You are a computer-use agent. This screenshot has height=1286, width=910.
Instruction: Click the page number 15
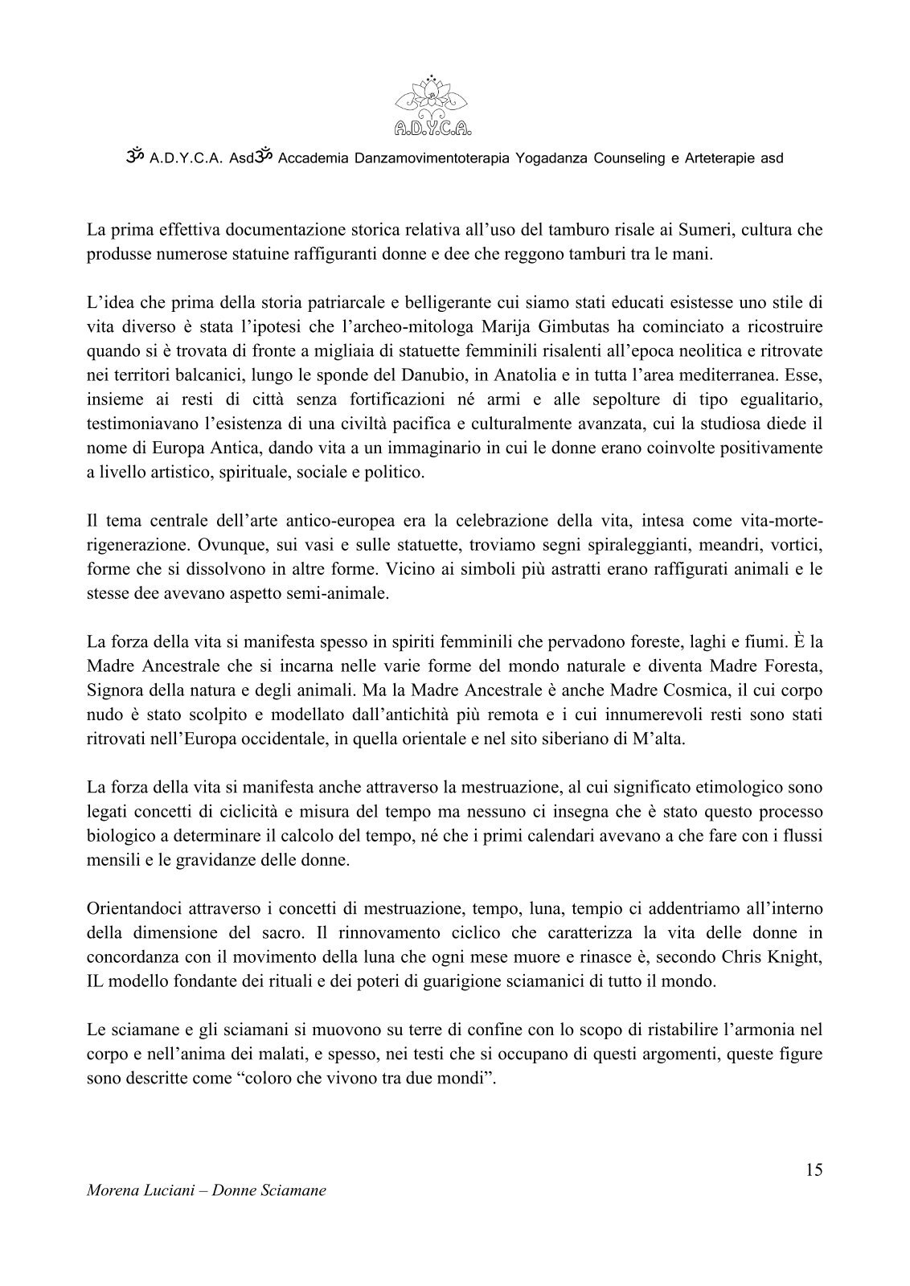814,1169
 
